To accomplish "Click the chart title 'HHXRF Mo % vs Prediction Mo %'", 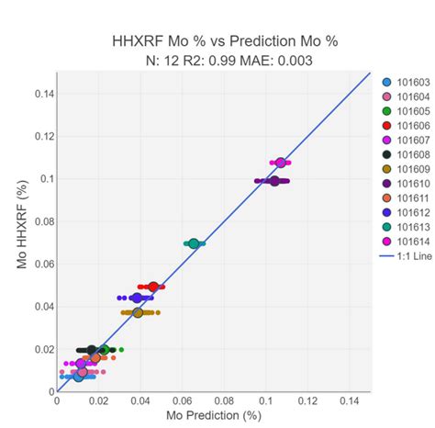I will coord(217,40).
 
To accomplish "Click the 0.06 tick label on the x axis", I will coord(182,400).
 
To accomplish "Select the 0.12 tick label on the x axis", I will coord(307,400).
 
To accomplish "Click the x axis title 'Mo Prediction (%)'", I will coord(214,416).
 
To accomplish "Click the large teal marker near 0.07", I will coord(194,243).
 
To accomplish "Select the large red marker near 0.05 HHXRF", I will coord(153,287).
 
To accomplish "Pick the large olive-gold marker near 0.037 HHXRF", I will coord(138,312).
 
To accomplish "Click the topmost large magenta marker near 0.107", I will coord(281,163).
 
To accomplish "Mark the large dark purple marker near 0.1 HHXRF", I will coord(274,181).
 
